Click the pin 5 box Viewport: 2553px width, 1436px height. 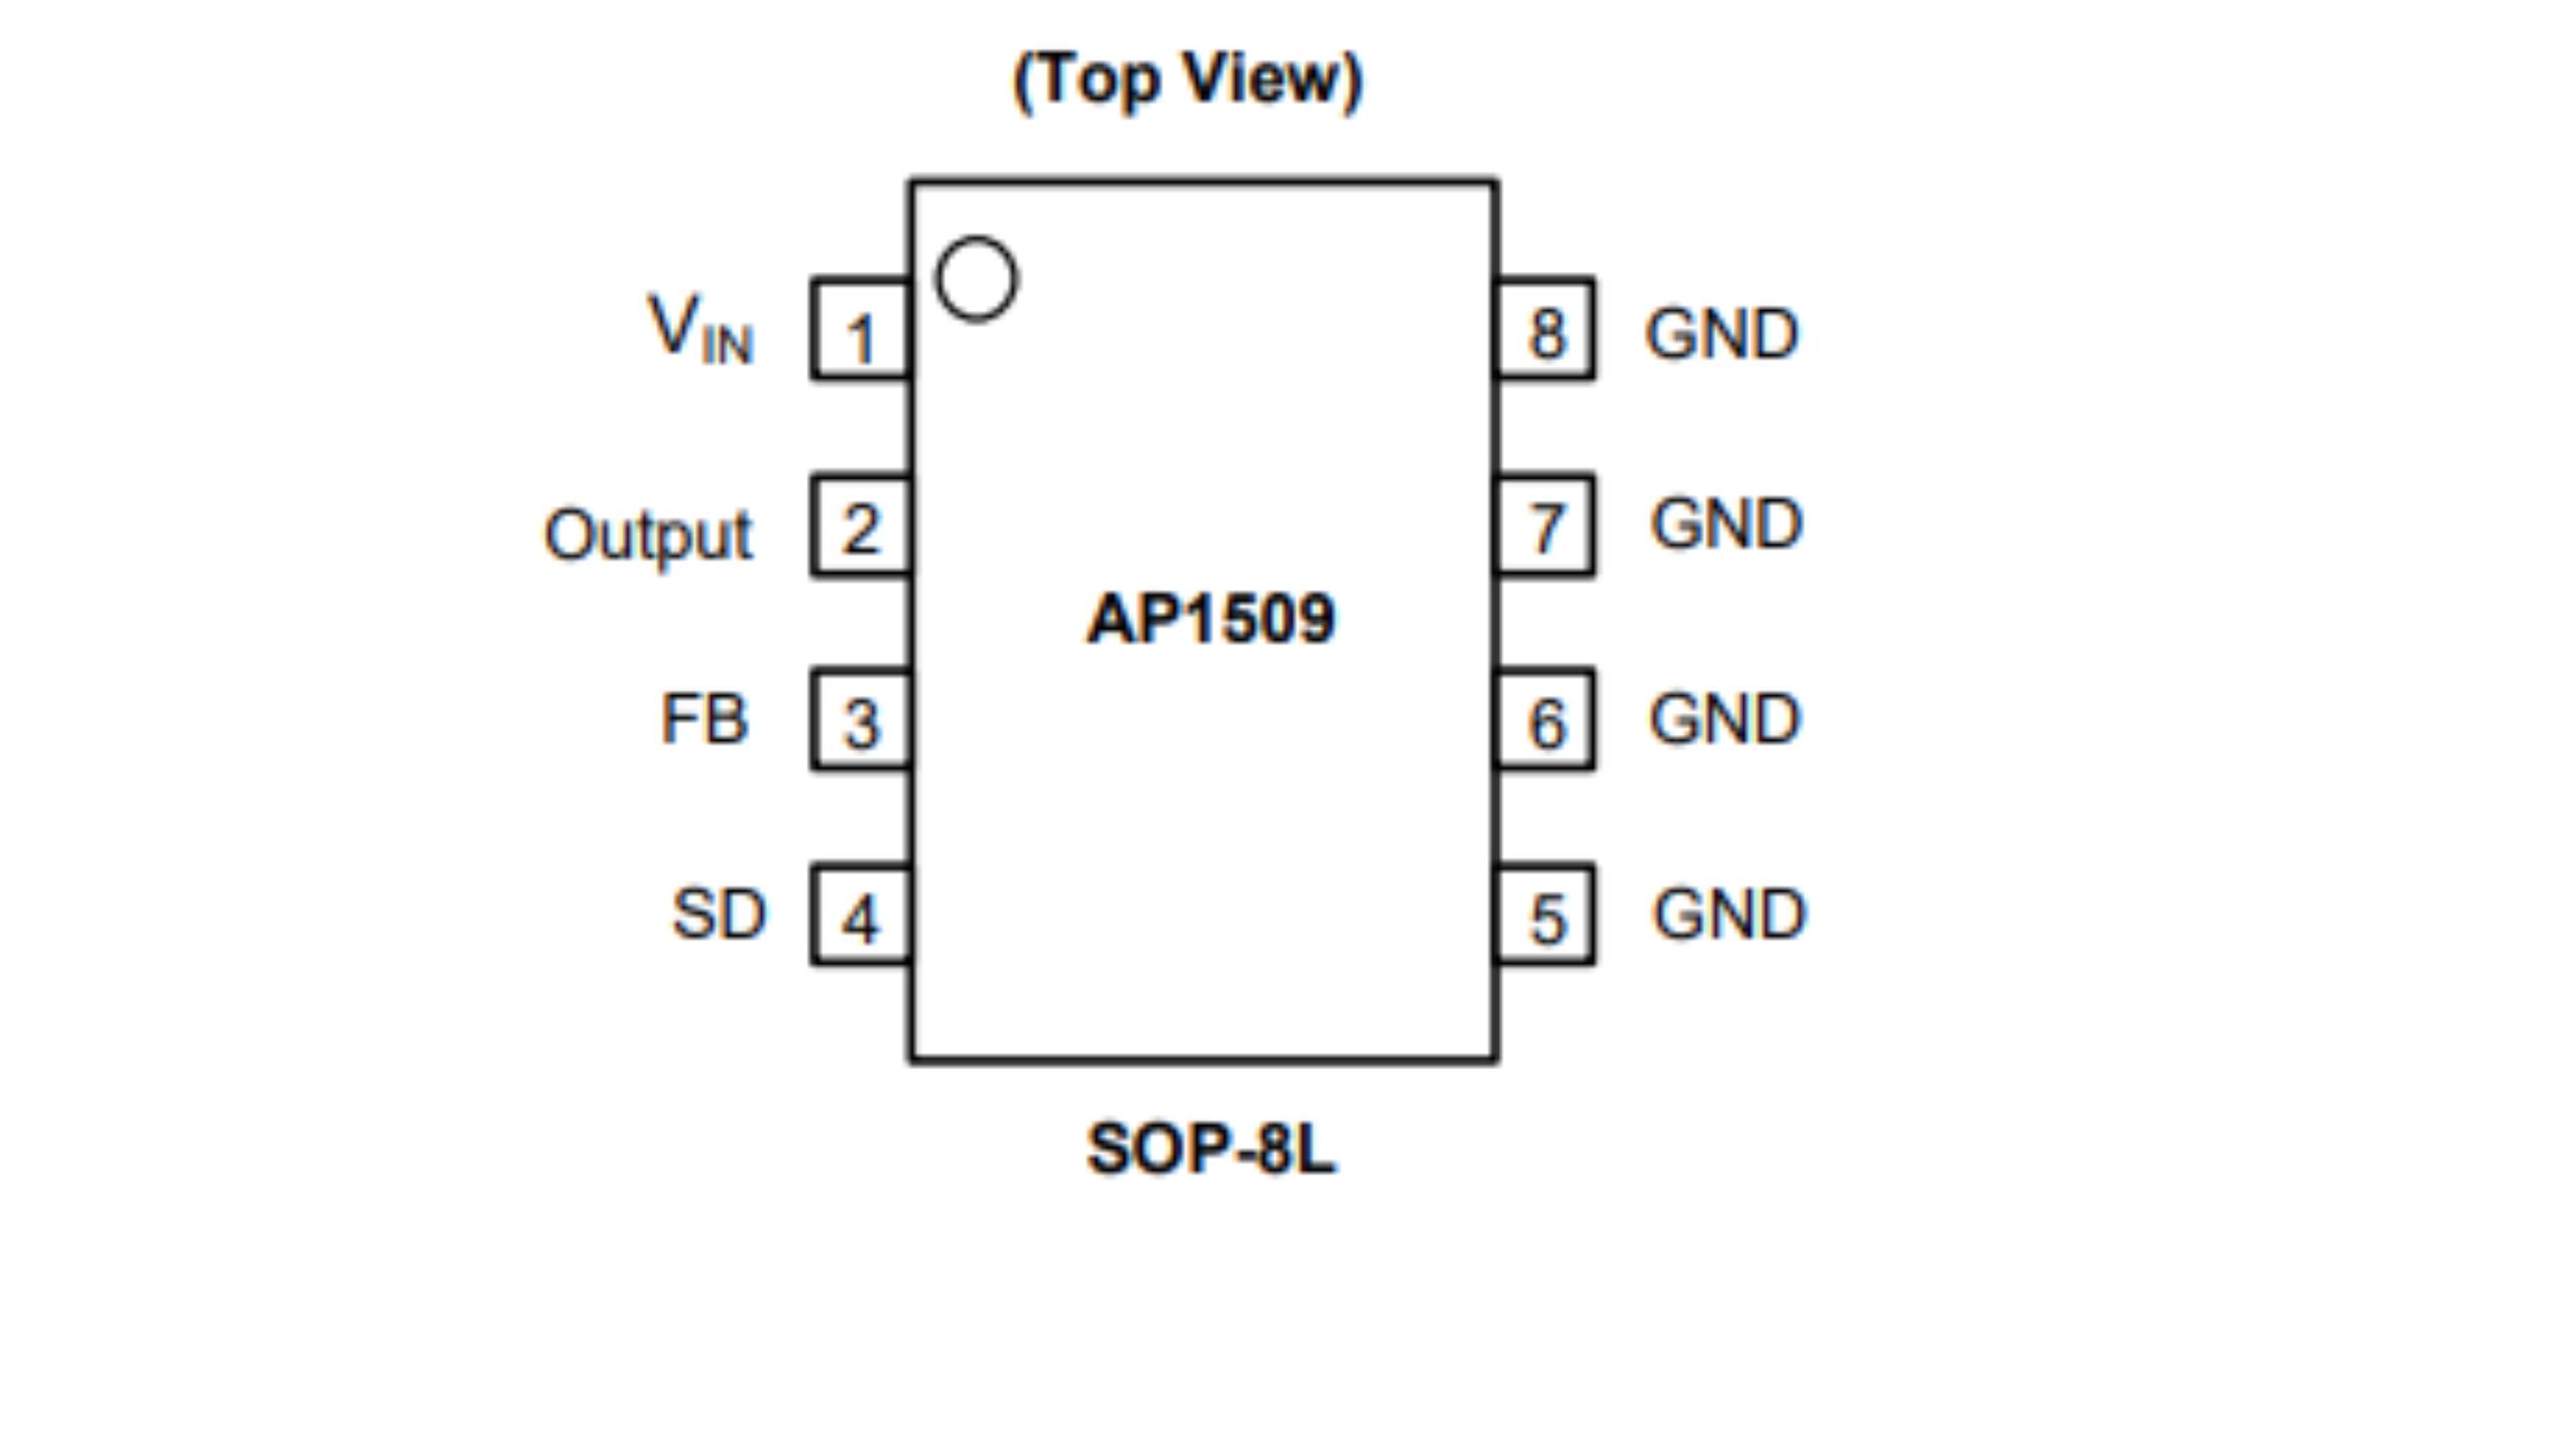pyautogui.click(x=1546, y=915)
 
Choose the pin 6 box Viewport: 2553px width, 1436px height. pyautogui.click(x=1546, y=720)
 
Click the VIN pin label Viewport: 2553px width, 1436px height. pyautogui.click(x=700, y=329)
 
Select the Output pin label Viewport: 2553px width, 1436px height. pyautogui.click(x=648, y=536)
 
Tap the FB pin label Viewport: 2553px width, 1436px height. pyautogui.click(x=703, y=719)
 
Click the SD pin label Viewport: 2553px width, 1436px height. pyautogui.click(x=718, y=913)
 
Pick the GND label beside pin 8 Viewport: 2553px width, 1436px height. pyautogui.click(x=1722, y=333)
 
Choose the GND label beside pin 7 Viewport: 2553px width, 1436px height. pyautogui.click(x=1726, y=524)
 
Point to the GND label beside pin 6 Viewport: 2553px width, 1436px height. pyautogui.click(x=1724, y=718)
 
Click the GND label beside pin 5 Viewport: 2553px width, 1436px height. pyautogui.click(x=1729, y=913)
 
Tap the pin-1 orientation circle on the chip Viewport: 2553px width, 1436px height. pyautogui.click(x=976, y=279)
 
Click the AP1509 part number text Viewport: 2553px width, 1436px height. pyautogui.click(x=1210, y=619)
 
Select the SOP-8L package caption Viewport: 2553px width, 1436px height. pyautogui.click(x=1210, y=1149)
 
